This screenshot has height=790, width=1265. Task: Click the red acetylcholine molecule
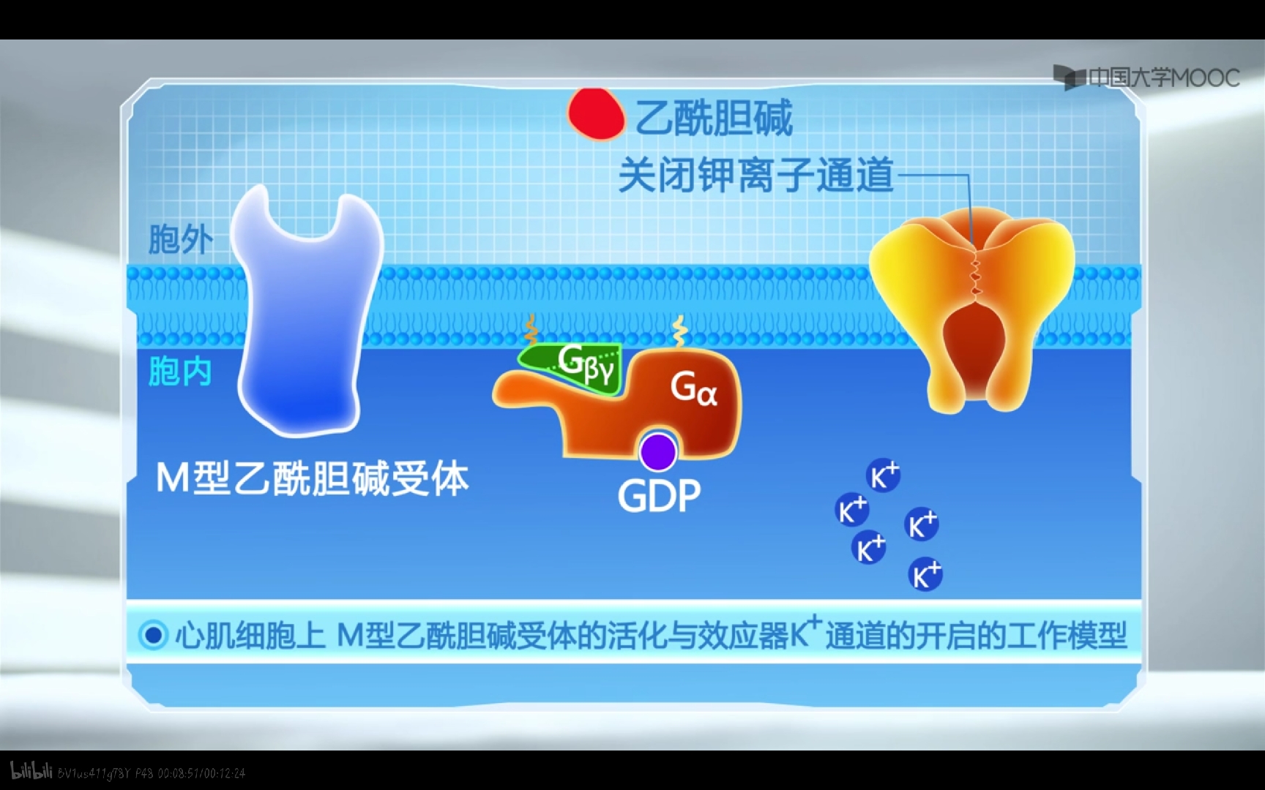click(x=595, y=114)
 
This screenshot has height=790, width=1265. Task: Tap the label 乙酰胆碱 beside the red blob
click(x=714, y=118)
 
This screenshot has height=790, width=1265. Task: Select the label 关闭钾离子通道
click(x=756, y=176)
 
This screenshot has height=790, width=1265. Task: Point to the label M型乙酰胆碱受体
click(x=312, y=479)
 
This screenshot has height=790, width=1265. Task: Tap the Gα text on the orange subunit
click(x=693, y=388)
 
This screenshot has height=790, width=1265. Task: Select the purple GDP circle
click(x=657, y=451)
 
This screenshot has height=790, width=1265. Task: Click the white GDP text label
click(x=659, y=496)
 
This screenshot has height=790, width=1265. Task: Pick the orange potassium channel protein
click(x=971, y=307)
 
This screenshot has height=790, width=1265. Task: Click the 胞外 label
click(x=180, y=239)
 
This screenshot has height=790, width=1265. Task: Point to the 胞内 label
click(x=180, y=372)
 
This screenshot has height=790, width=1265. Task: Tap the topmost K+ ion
click(x=883, y=476)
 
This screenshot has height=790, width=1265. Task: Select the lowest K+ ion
click(x=925, y=574)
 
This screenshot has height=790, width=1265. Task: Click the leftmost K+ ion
click(x=851, y=509)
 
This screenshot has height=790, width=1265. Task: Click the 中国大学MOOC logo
click(x=1146, y=78)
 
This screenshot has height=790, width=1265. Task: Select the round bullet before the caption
click(x=153, y=635)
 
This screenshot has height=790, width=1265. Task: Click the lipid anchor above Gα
click(x=679, y=331)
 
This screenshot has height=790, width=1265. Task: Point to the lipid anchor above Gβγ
click(x=531, y=330)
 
